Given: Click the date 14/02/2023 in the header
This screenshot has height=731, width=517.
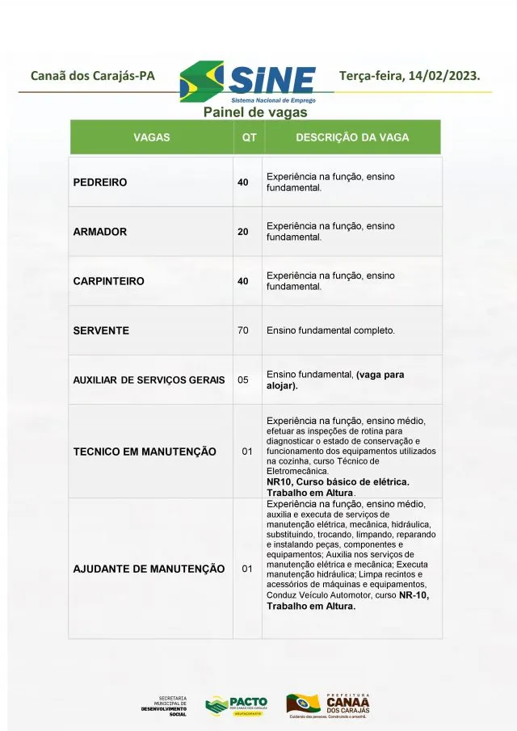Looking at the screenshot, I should (x=446, y=76).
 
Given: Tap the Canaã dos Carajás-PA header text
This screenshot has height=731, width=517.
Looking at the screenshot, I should (x=92, y=77).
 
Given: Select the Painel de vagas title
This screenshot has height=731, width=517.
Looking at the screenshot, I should (x=255, y=112).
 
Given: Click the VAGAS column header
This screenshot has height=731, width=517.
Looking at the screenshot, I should (x=152, y=137).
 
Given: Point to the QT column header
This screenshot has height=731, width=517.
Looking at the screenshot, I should (x=249, y=137).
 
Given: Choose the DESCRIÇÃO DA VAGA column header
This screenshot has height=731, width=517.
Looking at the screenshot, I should (x=352, y=137).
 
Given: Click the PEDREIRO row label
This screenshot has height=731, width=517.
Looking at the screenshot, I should (x=100, y=183).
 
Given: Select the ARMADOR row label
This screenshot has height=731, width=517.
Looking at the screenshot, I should (x=100, y=232).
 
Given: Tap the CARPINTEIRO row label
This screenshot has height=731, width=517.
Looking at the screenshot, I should (x=109, y=281).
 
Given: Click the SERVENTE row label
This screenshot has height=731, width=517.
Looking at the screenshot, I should (x=101, y=330).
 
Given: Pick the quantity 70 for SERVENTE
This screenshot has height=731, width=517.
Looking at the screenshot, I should (x=243, y=330).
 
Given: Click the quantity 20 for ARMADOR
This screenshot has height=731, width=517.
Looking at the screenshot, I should (x=243, y=232).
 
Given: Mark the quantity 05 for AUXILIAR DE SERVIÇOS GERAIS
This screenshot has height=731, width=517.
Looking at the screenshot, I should (x=243, y=379).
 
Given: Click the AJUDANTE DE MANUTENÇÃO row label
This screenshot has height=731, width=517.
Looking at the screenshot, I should (x=149, y=569).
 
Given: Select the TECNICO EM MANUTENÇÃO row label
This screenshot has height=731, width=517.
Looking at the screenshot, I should (x=145, y=452).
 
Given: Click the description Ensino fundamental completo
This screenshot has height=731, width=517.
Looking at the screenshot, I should (x=330, y=330).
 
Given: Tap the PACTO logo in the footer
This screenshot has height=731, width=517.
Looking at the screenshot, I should (x=236, y=705).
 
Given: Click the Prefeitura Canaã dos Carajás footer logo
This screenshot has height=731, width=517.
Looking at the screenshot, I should (x=327, y=705).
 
